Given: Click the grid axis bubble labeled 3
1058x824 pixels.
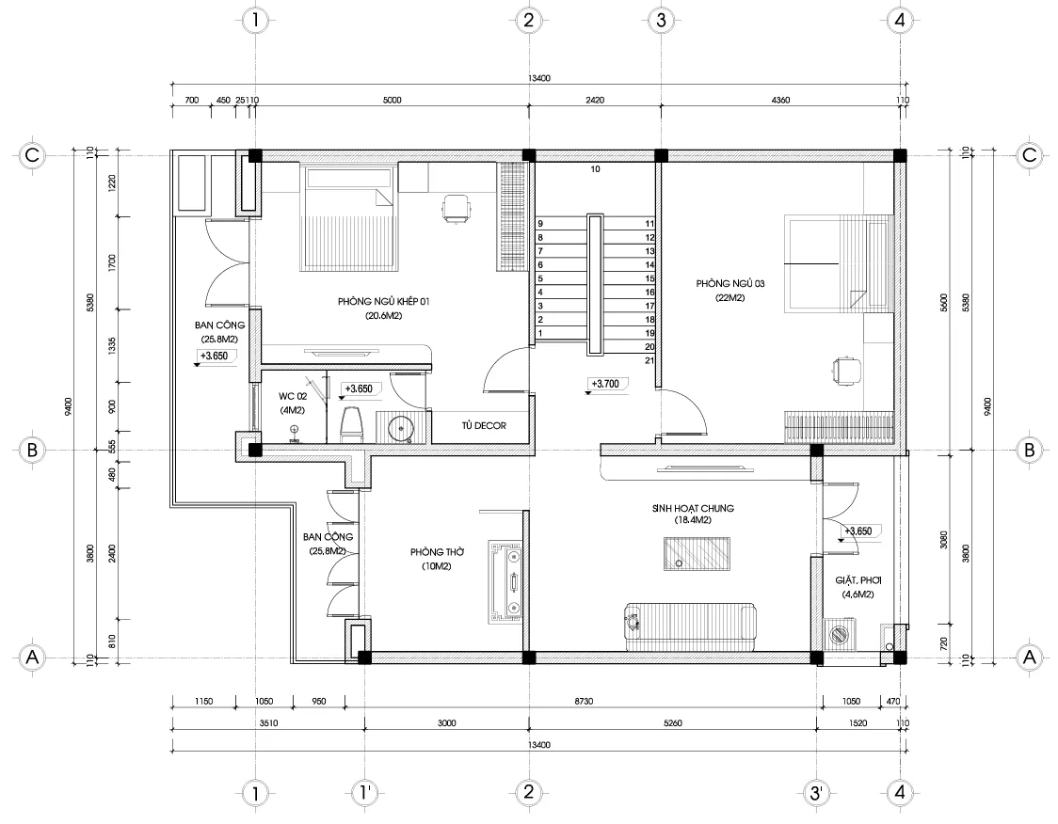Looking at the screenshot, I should click(661, 19).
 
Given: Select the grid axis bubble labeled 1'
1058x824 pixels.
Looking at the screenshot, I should click(364, 793).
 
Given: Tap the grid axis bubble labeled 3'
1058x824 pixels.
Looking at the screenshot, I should click(815, 793).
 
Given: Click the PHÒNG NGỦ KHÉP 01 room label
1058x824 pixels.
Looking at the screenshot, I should click(383, 302).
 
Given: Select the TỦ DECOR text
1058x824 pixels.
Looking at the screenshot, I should click(484, 426).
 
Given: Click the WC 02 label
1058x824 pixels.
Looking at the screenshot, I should click(294, 395).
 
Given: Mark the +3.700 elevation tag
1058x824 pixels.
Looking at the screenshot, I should click(605, 385).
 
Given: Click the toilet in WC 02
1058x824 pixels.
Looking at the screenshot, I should click(351, 424).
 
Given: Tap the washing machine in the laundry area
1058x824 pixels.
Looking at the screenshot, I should click(839, 634).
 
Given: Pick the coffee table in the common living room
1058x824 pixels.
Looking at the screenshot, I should click(697, 552).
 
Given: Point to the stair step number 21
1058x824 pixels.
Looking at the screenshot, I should click(649, 360).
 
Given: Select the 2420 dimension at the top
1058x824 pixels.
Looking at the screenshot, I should click(594, 99).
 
